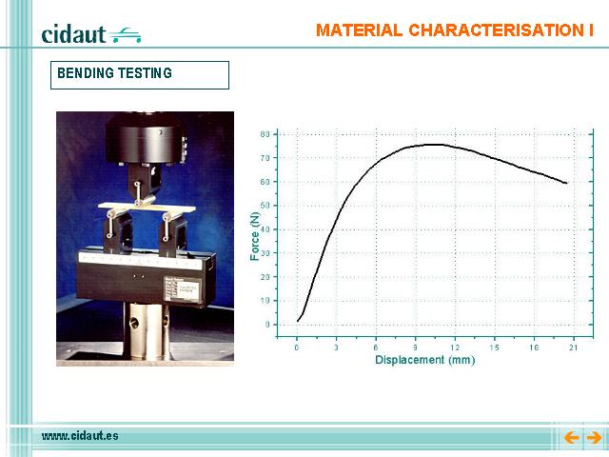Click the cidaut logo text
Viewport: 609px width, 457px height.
pos(73,34)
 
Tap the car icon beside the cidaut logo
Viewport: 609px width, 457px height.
pos(125,35)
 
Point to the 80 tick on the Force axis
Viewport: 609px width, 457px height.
pos(265,134)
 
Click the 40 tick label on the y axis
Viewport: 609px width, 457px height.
pos(265,229)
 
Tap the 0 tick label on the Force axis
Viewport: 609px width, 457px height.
pos(267,325)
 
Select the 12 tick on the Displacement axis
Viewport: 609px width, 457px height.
pos(455,348)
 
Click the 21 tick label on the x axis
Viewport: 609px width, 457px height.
pos(573,348)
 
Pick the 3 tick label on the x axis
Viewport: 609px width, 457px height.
pos(336,348)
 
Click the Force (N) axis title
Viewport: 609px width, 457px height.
pos(254,236)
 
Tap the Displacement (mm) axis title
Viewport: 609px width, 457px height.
pos(425,360)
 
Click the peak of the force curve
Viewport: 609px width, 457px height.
pos(433,145)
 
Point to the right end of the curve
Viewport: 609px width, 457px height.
pos(567,183)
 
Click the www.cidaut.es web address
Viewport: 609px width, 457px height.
pos(80,436)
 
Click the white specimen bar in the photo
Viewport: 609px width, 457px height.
pos(147,208)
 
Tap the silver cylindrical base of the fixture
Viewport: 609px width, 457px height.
pos(147,331)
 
